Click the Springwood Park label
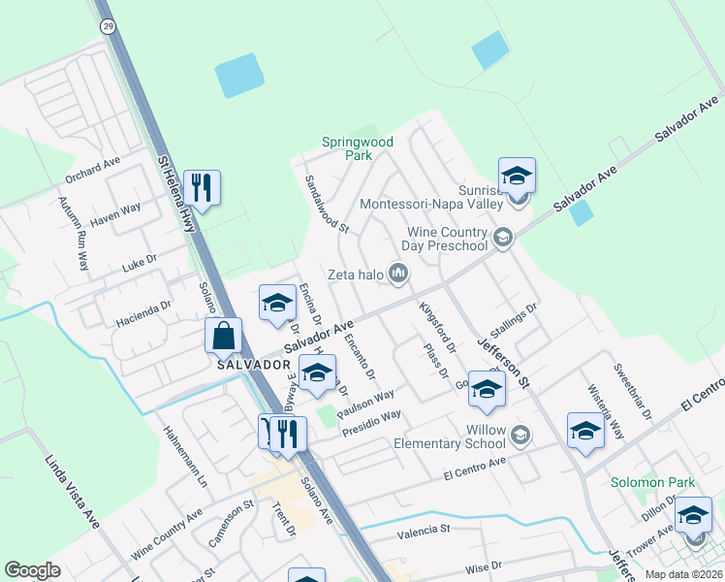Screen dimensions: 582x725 pos(358,148)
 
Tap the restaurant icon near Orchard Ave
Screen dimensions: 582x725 pos(202,187)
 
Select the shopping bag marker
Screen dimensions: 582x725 pos(223,337)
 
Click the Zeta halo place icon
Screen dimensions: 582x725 pos(397,275)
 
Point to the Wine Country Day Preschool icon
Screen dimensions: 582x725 pos(502,238)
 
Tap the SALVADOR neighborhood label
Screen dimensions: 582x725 pos(255,364)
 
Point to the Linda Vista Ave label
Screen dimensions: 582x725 pos(73,493)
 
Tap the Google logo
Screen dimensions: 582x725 pos(32,570)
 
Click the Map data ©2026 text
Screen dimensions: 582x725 pos(682,573)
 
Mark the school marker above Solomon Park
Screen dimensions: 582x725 pos(585,432)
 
